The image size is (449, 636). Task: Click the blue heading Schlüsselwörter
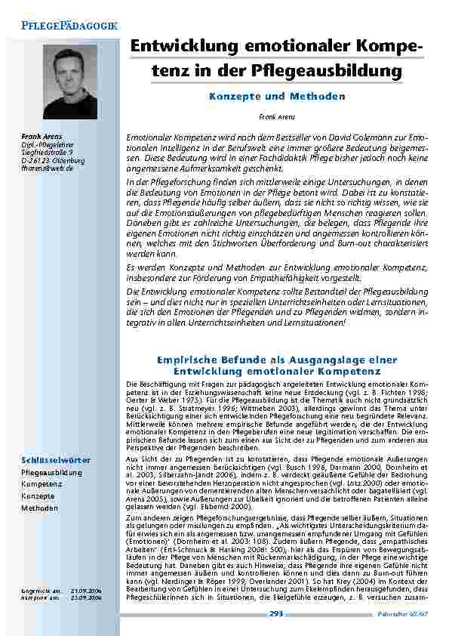pos(46,459)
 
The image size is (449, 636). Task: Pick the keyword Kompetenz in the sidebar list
pos(42,484)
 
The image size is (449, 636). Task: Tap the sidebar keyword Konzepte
pos(38,496)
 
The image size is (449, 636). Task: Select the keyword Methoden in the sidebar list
pos(40,508)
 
